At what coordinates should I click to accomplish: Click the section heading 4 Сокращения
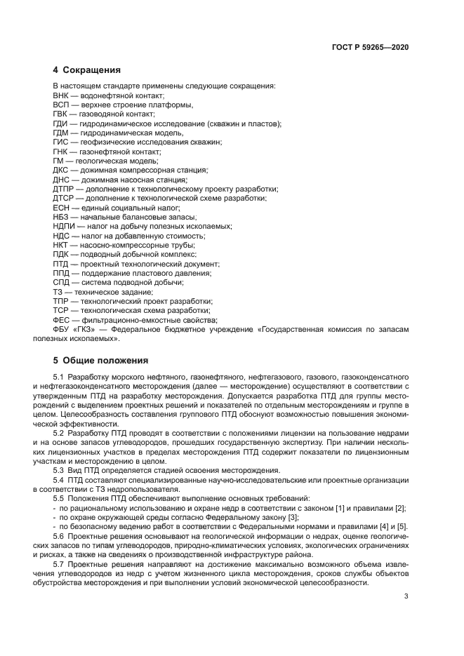coord(87,70)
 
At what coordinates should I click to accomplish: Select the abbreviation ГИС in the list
coord(61,142)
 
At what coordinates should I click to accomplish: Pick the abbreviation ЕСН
coord(61,208)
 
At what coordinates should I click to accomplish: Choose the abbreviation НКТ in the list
coord(61,246)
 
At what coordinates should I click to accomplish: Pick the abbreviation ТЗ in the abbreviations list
coord(58,291)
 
